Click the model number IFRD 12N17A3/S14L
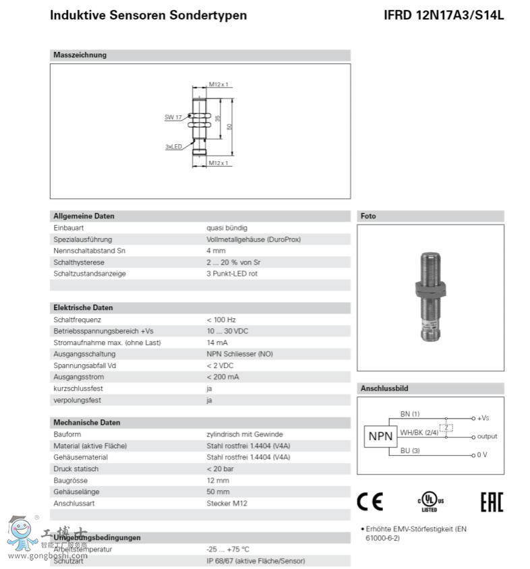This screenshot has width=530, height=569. pos(443,15)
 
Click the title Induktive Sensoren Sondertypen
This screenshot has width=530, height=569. pos(148,15)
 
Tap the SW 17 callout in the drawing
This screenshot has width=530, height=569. pos(173,117)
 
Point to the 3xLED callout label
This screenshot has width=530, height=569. pos(174,146)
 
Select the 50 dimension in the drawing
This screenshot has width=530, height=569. pos(230,125)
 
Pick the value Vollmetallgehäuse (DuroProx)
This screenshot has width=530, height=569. pos(254,239)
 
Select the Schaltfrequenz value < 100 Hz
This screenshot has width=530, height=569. pos(221,320)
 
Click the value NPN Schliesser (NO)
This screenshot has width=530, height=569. pos(239,354)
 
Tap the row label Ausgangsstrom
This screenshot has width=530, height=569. pos(78,377)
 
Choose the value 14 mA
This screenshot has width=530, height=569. pos(218,342)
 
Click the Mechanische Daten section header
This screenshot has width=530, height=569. pos(86,423)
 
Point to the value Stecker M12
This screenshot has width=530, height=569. pos(227,503)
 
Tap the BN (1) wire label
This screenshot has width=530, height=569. pos(410,413)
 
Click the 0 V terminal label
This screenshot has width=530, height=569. pos(481,454)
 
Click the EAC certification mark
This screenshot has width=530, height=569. pos(491,502)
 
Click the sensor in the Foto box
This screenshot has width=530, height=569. pos(430,296)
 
